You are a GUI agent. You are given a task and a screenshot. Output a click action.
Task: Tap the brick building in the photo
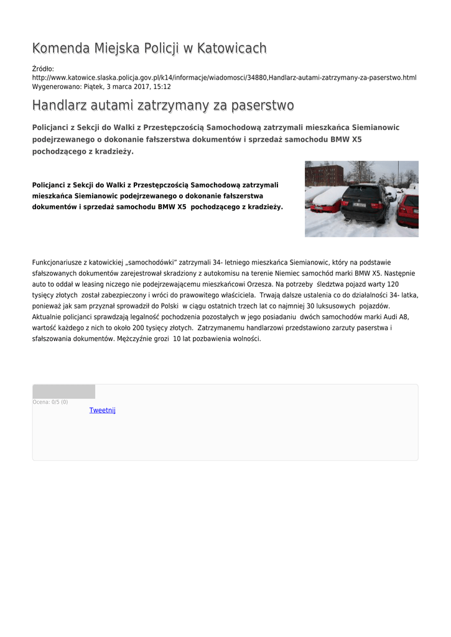tap(324, 175)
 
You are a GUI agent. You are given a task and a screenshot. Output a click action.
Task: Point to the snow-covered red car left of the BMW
tap(326, 200)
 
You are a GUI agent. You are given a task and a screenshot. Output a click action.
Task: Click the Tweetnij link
tap(103, 410)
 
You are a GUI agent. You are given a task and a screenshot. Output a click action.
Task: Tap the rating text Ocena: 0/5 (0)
tap(50, 402)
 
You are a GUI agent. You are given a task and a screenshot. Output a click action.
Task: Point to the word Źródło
tap(43, 68)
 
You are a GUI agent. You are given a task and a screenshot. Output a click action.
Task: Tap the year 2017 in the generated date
tap(137, 86)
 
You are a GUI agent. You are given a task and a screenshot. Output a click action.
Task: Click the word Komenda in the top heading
tap(60, 48)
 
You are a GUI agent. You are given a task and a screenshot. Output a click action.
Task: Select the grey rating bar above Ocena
tap(63, 391)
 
